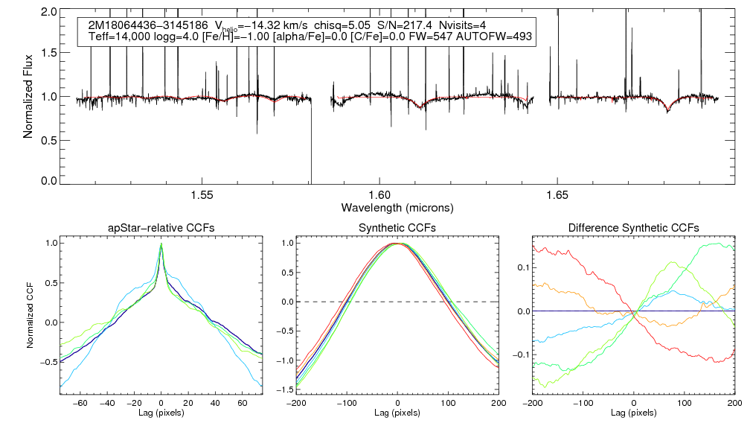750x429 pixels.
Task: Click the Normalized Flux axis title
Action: pyautogui.click(x=28, y=97)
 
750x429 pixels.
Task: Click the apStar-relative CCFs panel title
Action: pyautogui.click(x=161, y=228)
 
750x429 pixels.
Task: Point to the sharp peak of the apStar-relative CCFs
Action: pyautogui.click(x=161, y=244)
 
